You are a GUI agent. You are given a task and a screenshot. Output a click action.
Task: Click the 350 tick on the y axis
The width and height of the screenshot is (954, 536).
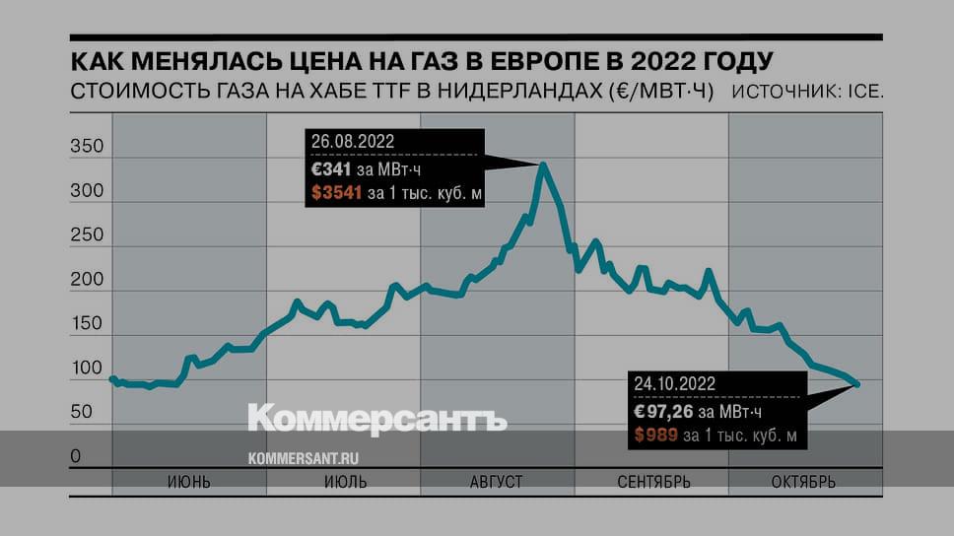click(x=87, y=146)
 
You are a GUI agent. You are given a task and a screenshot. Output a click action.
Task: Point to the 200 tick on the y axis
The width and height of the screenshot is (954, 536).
click(x=87, y=279)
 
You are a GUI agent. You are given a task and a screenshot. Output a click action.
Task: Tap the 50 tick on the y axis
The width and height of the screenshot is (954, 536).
click(x=84, y=412)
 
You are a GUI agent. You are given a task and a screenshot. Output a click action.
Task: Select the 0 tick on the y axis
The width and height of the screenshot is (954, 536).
click(x=75, y=456)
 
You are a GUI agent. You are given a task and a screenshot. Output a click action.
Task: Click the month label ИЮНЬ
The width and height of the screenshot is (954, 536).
click(x=189, y=482)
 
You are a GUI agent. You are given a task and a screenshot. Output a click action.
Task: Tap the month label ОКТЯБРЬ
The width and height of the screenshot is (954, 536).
click(x=804, y=482)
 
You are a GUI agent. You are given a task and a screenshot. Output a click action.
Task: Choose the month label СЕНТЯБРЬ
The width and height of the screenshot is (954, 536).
click(x=654, y=482)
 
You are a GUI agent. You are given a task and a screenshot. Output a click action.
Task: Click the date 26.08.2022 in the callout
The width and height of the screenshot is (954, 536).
click(x=347, y=142)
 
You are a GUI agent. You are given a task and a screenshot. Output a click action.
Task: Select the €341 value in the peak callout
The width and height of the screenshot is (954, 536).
click(x=332, y=168)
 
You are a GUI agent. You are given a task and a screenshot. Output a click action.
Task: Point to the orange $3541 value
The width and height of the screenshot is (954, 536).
click(x=336, y=193)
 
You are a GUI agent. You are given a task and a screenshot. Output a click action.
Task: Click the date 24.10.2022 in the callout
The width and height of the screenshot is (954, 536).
click(x=675, y=384)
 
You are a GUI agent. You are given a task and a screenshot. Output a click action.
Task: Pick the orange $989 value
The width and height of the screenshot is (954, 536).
click(x=655, y=435)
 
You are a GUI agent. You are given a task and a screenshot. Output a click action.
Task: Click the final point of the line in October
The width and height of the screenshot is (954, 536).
click(x=858, y=384)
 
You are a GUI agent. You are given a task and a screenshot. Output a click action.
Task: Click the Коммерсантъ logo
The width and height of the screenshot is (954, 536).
click(x=376, y=418)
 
